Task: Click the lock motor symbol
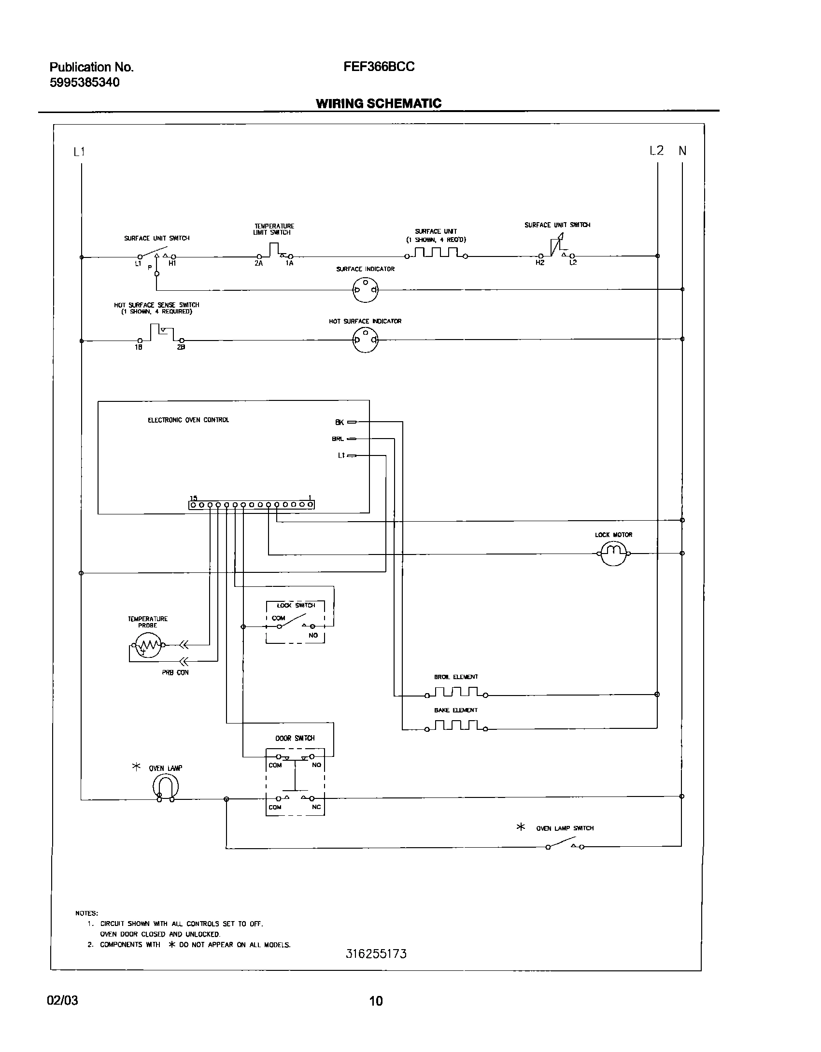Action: pos(613,553)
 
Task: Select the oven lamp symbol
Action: pos(165,787)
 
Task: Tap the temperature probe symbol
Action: pos(148,644)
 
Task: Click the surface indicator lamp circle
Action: pos(366,290)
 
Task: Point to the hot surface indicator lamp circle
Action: pos(366,340)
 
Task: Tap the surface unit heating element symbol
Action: pos(436,253)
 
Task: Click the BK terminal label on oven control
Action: pos(340,422)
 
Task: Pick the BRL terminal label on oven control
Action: pos(338,439)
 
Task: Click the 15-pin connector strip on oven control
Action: pos(251,505)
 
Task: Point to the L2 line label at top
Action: pos(656,151)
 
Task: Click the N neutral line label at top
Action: pos(682,151)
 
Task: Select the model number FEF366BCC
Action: pos(379,67)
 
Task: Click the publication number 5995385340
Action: pos(85,83)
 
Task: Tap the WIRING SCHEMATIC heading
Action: pos(378,103)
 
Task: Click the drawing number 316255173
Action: pos(376,953)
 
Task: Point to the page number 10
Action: pos(376,1000)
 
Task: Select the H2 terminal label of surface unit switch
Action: pos(539,263)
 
